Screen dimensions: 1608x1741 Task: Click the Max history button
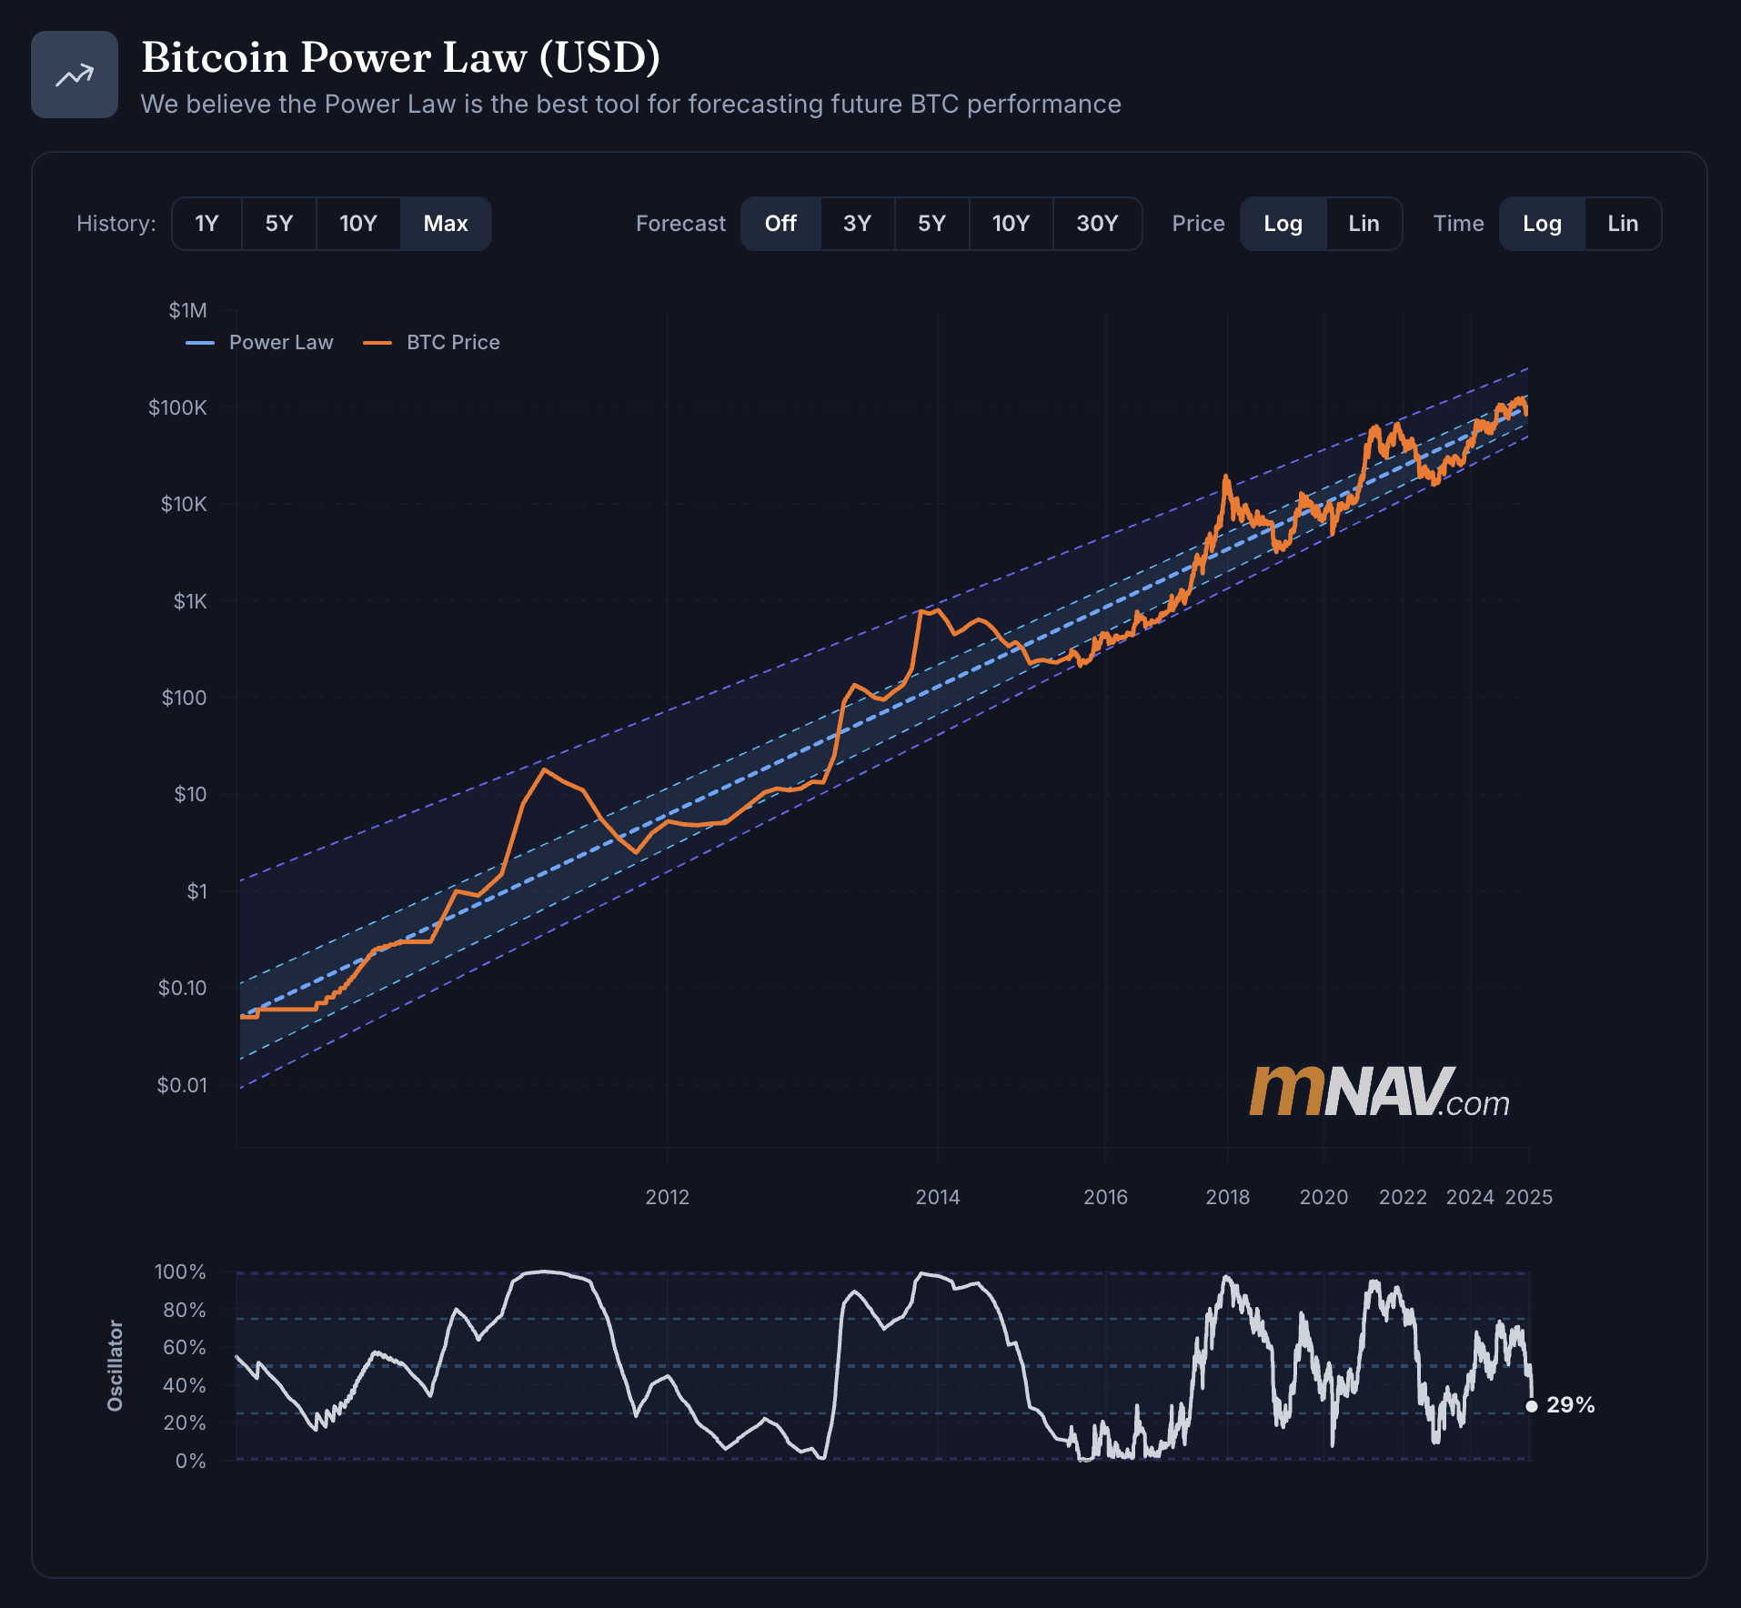point(446,224)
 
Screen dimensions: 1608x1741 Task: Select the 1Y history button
point(206,224)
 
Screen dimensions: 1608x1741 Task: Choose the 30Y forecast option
point(1097,224)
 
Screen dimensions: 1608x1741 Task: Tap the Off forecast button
point(780,224)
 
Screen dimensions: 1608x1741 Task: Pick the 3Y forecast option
point(857,224)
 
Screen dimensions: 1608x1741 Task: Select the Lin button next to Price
point(1364,224)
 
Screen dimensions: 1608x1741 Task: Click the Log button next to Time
point(1542,224)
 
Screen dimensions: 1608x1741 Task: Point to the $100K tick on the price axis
point(178,407)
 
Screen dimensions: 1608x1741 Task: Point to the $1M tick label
point(187,311)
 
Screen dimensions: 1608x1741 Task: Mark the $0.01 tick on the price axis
point(182,1085)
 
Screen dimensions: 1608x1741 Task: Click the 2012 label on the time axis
point(667,1197)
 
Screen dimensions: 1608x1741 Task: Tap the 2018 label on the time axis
point(1227,1197)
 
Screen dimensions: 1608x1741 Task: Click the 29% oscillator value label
point(1571,1405)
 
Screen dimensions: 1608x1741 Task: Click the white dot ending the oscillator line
point(1532,1406)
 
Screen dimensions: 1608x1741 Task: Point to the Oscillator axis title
point(116,1366)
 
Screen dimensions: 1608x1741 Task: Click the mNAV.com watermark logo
point(1379,1092)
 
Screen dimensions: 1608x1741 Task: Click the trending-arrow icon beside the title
point(75,75)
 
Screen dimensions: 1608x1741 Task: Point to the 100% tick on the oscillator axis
point(180,1271)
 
